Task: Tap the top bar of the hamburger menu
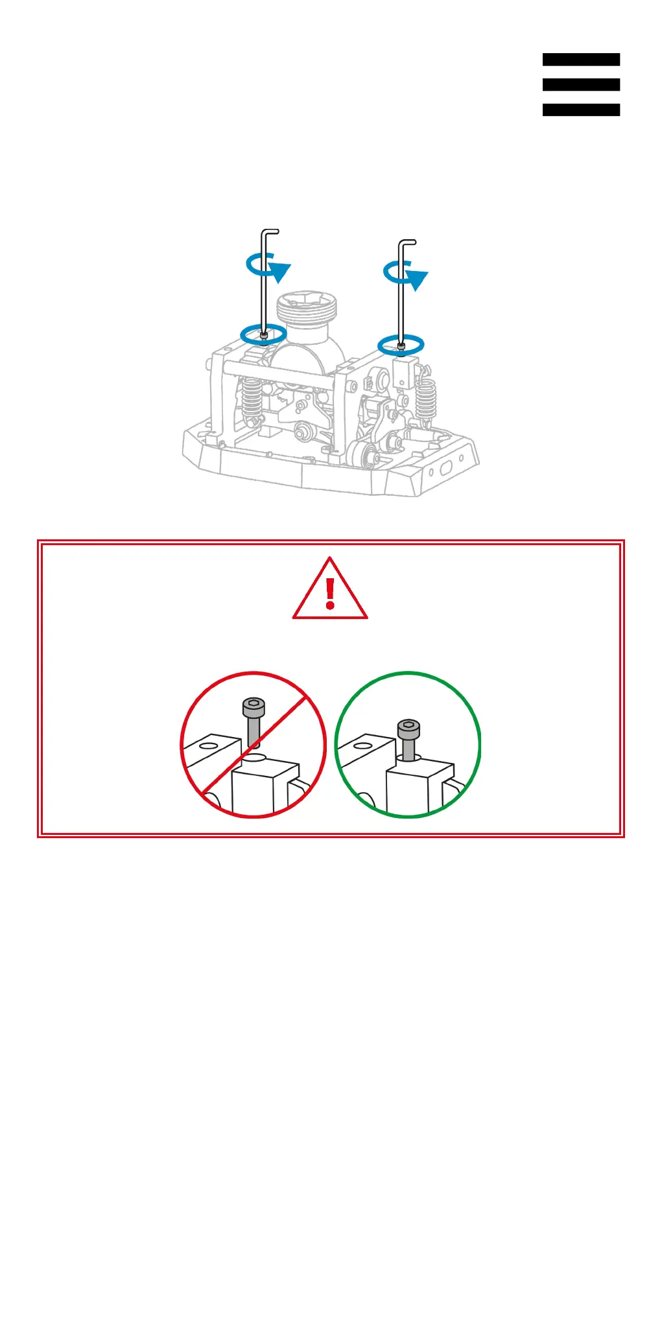pos(581,60)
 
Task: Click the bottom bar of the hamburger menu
pos(581,110)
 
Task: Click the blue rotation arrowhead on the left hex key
pos(280,271)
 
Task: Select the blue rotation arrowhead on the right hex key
pos(417,279)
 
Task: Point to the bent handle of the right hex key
pos(407,242)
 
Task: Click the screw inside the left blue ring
pos(263,335)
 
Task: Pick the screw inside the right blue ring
pos(401,347)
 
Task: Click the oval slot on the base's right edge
pos(447,468)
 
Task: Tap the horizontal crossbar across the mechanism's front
pos(279,374)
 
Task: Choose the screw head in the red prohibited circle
pos(254,706)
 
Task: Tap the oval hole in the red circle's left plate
pos(208,746)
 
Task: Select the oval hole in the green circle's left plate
pos(363,746)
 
